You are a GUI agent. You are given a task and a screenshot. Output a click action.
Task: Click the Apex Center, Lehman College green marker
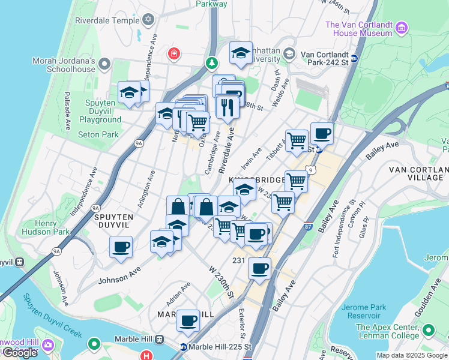[429, 330]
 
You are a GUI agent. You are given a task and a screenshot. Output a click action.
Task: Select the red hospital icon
[174, 54]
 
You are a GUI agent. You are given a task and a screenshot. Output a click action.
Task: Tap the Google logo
[20, 353]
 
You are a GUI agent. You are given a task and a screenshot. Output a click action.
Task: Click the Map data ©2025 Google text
[411, 355]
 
